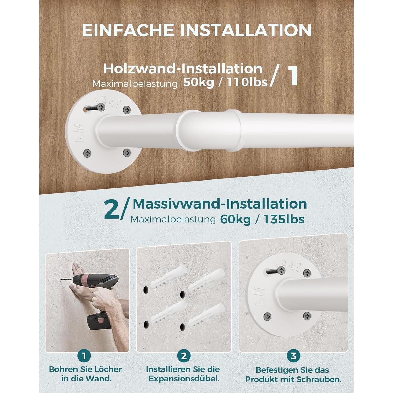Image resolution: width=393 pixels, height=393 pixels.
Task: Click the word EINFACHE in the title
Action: tap(128, 30)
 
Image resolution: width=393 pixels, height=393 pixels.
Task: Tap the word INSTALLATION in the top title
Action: tap(246, 30)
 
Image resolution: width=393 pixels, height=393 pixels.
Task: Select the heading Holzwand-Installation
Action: tap(183, 69)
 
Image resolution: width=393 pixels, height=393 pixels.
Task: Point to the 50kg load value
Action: tap(198, 83)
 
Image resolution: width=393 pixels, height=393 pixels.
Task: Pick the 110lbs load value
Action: tap(247, 83)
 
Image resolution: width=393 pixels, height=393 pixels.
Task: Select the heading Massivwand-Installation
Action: tap(220, 204)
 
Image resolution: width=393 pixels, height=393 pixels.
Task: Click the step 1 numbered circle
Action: tap(84, 356)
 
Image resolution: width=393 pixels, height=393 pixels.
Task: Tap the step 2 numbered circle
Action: tap(184, 356)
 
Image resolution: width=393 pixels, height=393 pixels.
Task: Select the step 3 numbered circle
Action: tap(293, 356)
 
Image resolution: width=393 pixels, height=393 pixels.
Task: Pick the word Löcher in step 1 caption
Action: tap(107, 369)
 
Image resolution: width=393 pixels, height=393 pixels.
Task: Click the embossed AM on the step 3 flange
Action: tap(259, 297)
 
